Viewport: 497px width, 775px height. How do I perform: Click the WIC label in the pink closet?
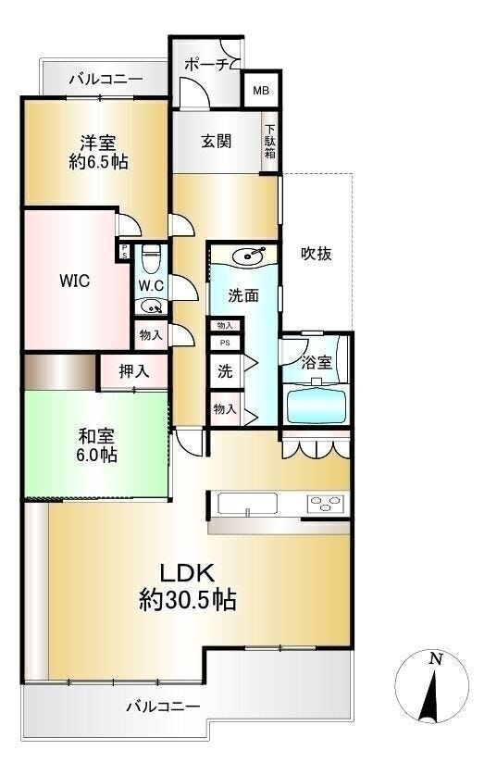73,281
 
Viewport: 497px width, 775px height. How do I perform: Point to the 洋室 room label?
97,143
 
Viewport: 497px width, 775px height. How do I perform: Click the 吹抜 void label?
317,254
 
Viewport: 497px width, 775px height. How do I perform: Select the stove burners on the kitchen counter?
325,504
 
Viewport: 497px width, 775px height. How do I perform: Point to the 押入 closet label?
133,372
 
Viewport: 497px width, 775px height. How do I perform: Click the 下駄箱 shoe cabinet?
270,142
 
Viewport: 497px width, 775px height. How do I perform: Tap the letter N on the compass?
434,659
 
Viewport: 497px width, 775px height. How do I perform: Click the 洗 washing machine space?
225,371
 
